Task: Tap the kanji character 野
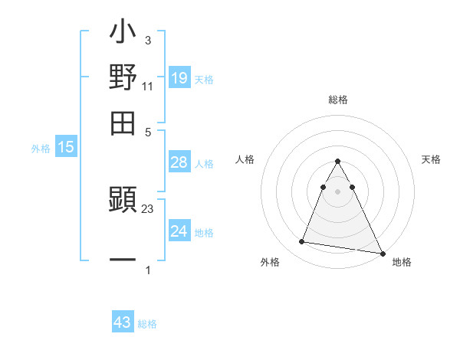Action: coord(123,78)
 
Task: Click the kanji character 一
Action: coord(123,260)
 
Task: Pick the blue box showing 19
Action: coord(179,78)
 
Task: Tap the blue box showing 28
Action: coord(179,162)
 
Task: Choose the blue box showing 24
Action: coord(179,231)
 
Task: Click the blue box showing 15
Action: coord(66,148)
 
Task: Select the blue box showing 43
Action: coord(123,322)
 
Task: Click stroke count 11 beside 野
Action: coord(148,87)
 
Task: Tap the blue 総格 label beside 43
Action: coord(148,324)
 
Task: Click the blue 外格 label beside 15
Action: coord(41,149)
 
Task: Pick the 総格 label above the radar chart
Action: coord(337,100)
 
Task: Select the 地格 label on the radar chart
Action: coord(402,262)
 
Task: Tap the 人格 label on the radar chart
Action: coord(245,159)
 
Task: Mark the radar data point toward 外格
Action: coord(302,242)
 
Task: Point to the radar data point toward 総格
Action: coord(337,161)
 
